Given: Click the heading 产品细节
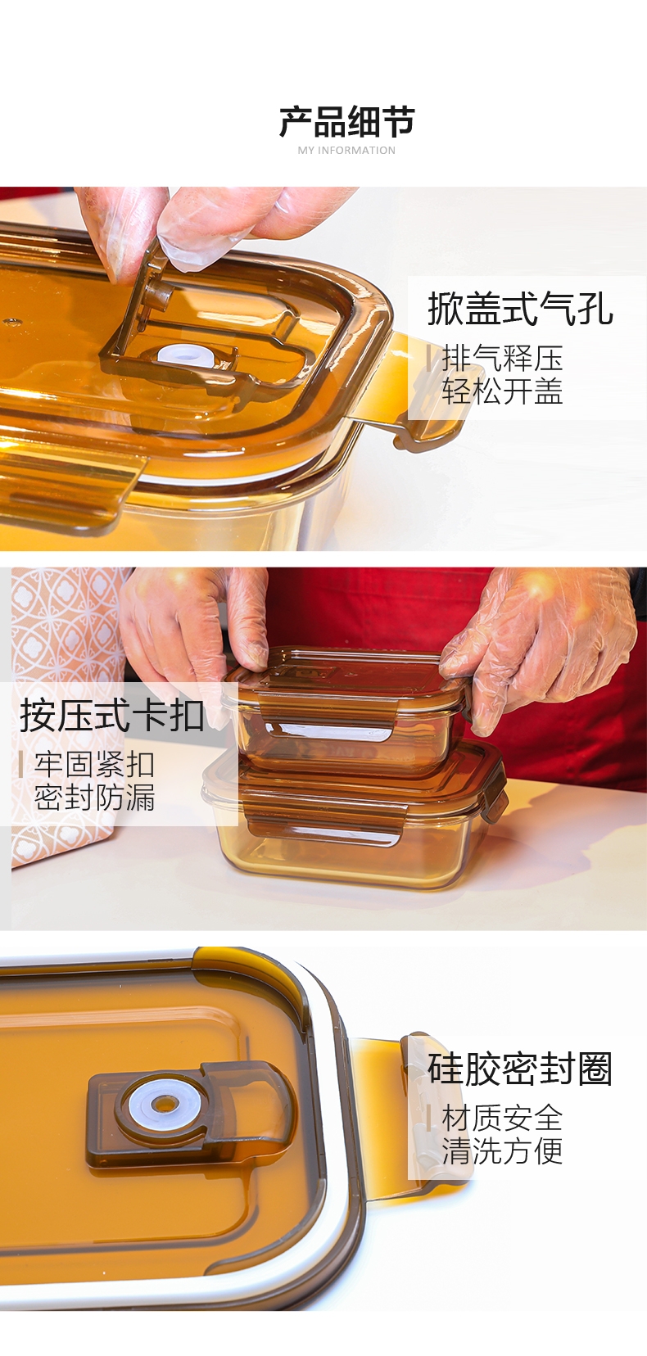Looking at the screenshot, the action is tap(346, 121).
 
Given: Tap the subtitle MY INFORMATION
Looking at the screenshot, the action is tap(346, 150).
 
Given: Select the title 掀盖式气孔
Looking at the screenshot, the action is tap(521, 309).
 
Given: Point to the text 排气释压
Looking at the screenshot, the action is tap(502, 359).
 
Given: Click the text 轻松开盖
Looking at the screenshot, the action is tap(502, 391).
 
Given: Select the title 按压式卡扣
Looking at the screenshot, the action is tap(112, 715).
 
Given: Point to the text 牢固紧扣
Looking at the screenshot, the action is tap(94, 765).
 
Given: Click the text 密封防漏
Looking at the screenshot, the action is tap(94, 798).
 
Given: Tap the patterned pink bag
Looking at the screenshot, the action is tap(66, 714).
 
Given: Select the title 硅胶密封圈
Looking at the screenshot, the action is tap(521, 1069).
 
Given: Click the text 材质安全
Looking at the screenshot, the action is tap(502, 1118).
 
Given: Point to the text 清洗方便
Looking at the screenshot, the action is tap(502, 1150).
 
